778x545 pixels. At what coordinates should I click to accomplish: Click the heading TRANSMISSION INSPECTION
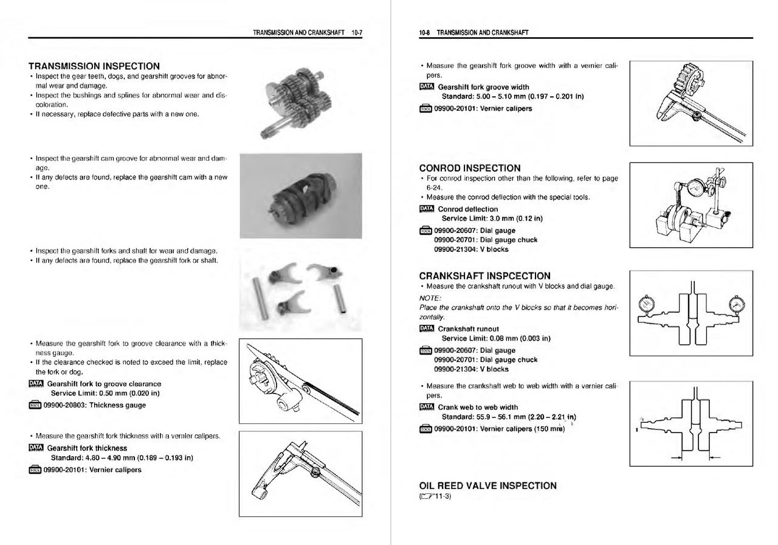(94, 66)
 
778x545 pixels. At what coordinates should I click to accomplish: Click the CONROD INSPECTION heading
(470, 168)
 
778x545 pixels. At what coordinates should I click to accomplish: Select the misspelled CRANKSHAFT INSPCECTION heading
(484, 276)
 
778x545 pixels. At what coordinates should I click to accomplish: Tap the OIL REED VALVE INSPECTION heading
(487, 485)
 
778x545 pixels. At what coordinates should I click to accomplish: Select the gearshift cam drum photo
(301, 196)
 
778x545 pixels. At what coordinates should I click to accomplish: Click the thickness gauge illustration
(301, 381)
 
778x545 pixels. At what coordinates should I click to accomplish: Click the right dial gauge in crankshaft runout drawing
(735, 302)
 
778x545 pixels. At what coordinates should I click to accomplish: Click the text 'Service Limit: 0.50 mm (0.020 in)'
(106, 393)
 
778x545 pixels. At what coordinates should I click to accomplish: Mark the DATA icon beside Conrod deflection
(426, 209)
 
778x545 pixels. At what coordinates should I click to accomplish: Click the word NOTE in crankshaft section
(430, 297)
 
